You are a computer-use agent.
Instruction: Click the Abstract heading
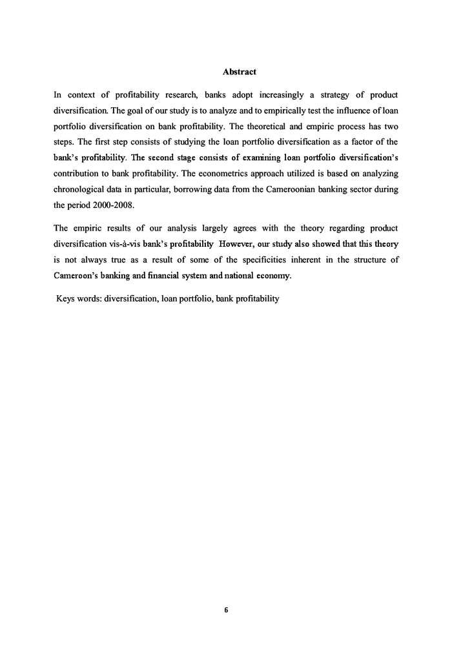coord(239,71)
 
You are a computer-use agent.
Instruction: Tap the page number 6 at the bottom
coord(226,609)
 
